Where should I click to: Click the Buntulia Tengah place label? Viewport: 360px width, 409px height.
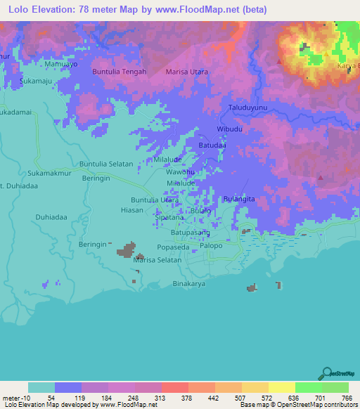tap(120, 72)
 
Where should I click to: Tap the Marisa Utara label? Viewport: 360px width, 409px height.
tap(186, 72)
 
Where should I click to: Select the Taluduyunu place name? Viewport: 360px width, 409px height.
tap(248, 108)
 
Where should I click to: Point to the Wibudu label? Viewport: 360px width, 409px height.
tap(230, 130)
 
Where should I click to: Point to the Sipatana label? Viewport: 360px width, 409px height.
tap(169, 218)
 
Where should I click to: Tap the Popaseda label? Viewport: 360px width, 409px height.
tap(173, 247)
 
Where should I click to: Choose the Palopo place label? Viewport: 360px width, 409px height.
tap(211, 246)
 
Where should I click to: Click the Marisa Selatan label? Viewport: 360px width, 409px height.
tap(157, 260)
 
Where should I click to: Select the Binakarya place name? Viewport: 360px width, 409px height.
tap(189, 284)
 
